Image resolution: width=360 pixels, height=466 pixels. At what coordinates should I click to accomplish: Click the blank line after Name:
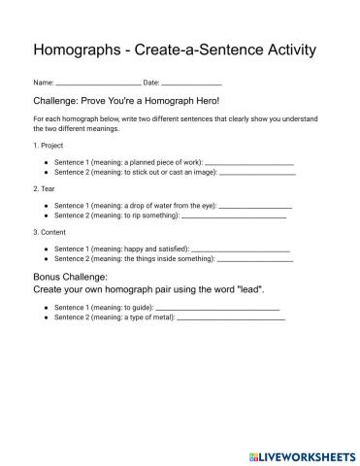click(99, 84)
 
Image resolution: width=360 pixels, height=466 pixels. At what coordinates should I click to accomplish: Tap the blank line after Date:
click(192, 84)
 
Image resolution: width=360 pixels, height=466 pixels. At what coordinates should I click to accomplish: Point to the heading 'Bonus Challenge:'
click(70, 277)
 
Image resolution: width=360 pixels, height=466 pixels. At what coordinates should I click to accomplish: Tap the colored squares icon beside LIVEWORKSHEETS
click(253, 455)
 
